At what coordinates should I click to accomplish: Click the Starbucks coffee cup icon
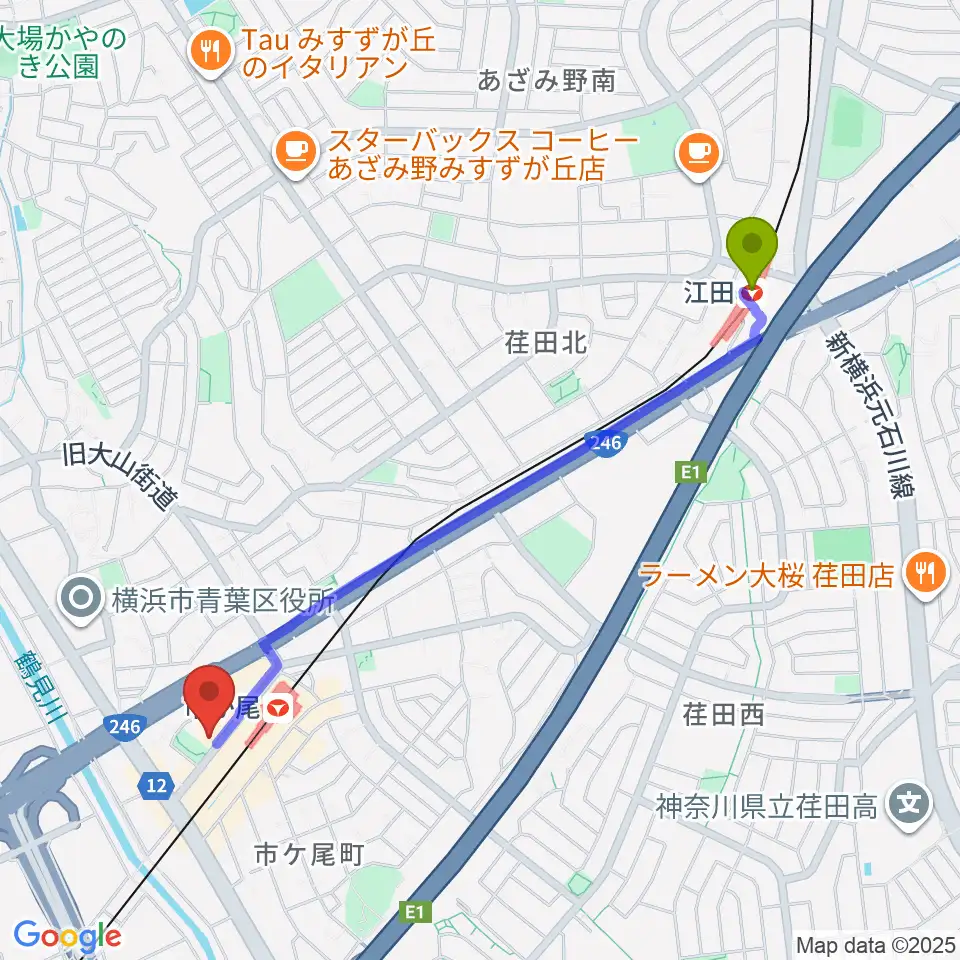click(x=294, y=151)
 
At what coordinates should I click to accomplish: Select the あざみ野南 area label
click(x=546, y=82)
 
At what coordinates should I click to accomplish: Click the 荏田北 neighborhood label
click(x=546, y=343)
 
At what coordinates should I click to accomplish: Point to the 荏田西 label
click(x=724, y=714)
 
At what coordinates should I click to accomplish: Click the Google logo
click(x=67, y=936)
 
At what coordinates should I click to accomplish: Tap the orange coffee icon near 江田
click(x=697, y=151)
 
